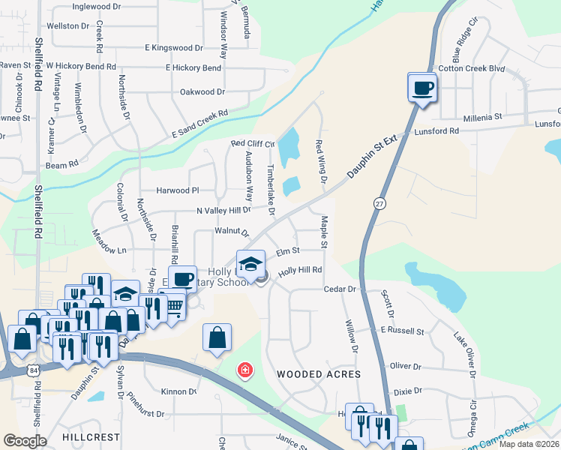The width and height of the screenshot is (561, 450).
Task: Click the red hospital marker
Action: (244, 370)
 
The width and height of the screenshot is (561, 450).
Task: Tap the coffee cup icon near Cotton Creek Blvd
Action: (421, 88)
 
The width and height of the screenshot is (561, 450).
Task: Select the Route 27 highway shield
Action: (379, 203)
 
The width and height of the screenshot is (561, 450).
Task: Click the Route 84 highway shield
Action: (36, 370)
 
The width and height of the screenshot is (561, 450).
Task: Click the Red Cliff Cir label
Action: (253, 143)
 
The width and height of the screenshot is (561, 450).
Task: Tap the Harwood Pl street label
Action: (178, 190)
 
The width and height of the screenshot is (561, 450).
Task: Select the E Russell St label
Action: (402, 331)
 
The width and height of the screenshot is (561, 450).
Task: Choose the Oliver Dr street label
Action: (406, 366)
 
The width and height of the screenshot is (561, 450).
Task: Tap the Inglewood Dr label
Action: (96, 7)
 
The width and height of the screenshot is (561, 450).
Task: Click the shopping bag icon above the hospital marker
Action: (217, 337)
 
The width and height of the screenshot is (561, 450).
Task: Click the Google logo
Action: (25, 441)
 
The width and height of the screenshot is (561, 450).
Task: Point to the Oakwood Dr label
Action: (202, 92)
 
